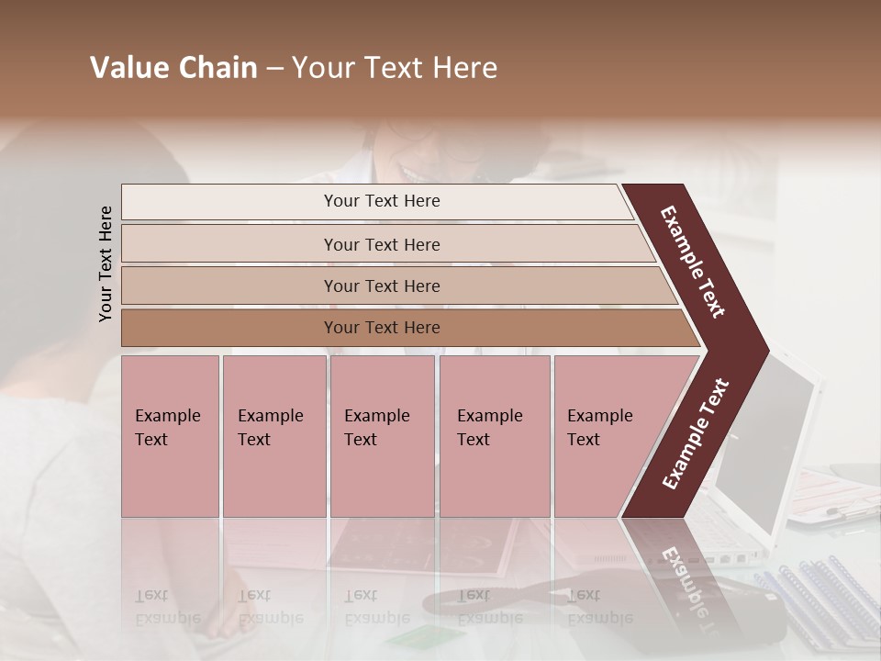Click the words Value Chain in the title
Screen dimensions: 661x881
point(173,68)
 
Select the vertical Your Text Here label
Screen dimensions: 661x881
point(106,263)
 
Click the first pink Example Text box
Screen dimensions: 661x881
point(170,436)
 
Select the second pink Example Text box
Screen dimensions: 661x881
point(273,436)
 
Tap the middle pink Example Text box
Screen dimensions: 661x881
point(382,436)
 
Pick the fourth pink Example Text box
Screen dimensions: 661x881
point(495,436)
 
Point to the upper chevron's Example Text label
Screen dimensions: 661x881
point(693,262)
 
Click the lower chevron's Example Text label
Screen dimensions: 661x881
point(696,433)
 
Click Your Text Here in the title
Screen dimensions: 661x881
point(395,68)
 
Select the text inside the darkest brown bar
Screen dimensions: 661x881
point(382,328)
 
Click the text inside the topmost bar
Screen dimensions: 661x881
point(382,201)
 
